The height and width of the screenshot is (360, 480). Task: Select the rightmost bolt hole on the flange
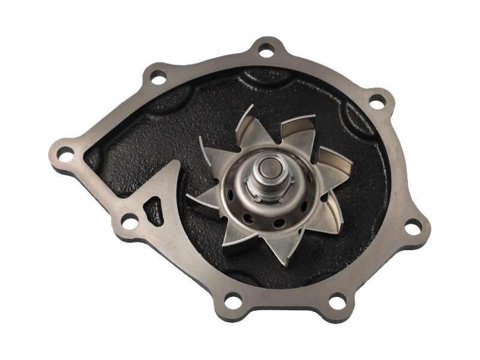(412, 227)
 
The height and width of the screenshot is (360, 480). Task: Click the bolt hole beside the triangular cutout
(129, 223)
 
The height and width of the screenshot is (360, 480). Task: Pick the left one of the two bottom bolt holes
(233, 299)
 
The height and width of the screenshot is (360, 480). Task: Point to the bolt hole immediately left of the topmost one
(158, 76)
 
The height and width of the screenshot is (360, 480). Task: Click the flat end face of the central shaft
(268, 164)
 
